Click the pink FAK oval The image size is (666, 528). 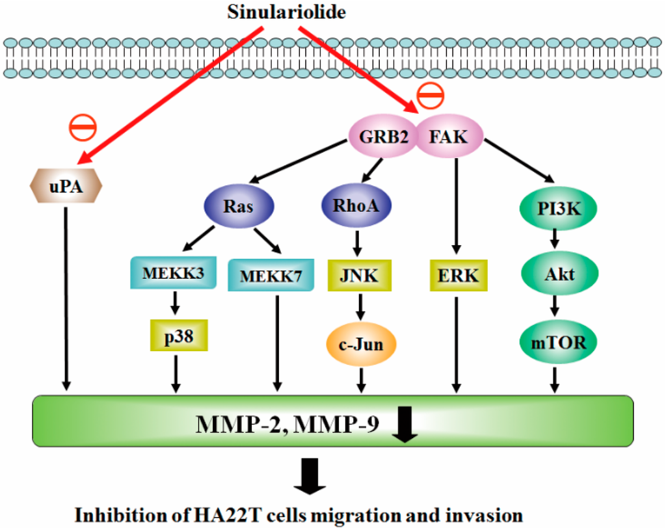(x=449, y=138)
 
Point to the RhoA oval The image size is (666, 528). (x=356, y=207)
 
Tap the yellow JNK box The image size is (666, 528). (x=358, y=276)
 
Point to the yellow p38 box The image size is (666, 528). (x=178, y=336)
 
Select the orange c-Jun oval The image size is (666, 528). (x=360, y=344)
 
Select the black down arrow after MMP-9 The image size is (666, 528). (x=405, y=428)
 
